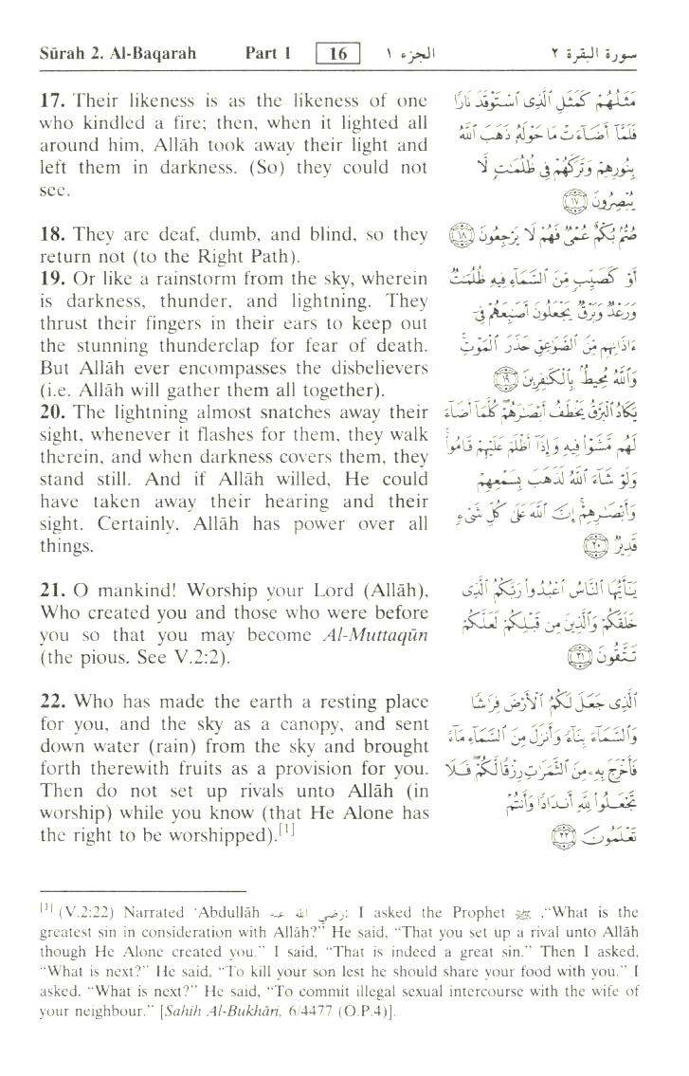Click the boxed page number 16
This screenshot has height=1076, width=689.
(x=338, y=53)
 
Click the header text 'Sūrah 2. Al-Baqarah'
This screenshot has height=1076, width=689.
(x=118, y=53)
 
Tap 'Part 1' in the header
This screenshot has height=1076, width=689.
(x=268, y=53)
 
